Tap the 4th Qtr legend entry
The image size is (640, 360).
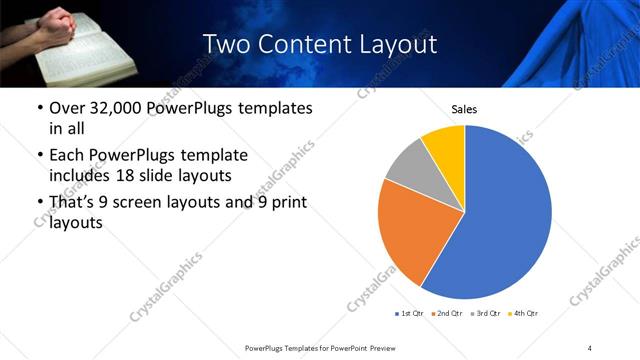[x=526, y=314]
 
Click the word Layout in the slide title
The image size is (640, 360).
[x=393, y=44]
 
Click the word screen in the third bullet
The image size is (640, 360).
[x=136, y=203]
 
